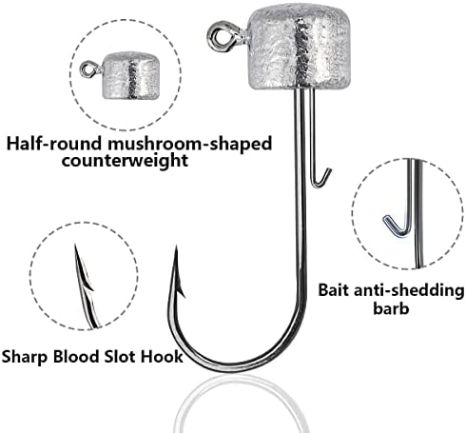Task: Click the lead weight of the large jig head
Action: point(300,48)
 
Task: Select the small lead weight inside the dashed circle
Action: point(131,75)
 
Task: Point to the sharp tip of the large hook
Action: point(176,246)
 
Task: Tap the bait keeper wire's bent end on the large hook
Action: point(320,180)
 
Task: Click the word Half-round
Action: point(55,144)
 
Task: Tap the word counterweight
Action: point(125,161)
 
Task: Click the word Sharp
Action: point(26,357)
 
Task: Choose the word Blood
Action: point(76,356)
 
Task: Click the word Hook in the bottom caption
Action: point(162,356)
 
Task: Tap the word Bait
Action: point(333,290)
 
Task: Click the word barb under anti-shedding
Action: point(391,307)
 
